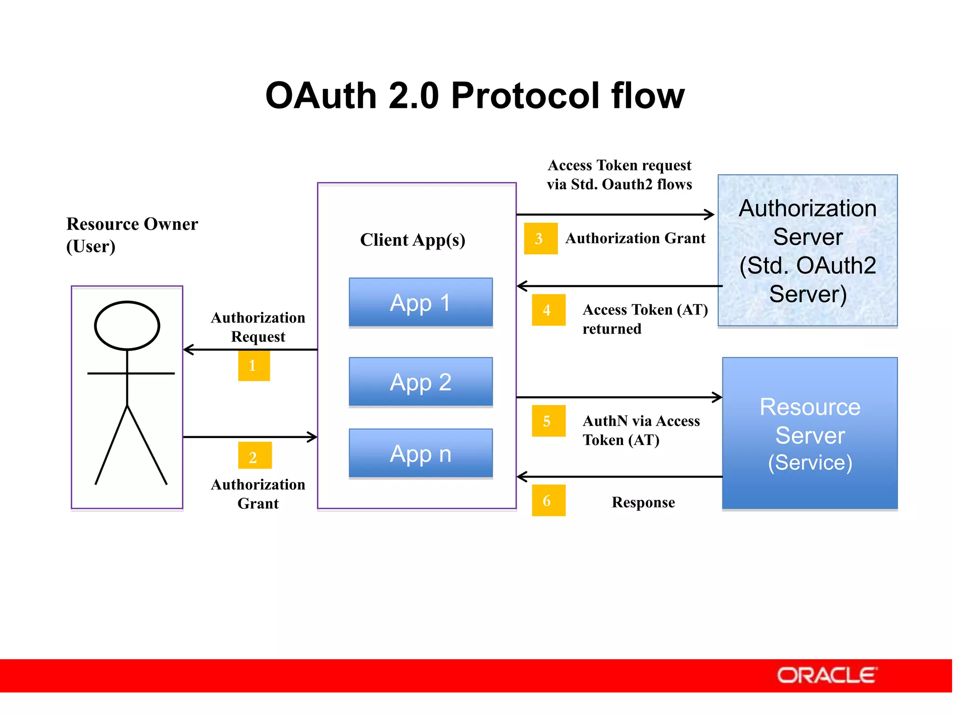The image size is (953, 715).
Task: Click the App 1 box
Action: (421, 303)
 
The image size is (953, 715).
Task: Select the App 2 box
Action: (421, 382)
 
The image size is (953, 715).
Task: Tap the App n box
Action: (421, 453)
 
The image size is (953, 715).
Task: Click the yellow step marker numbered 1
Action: (254, 366)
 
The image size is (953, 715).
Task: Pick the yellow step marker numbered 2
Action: (255, 456)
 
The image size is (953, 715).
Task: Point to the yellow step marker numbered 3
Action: (540, 238)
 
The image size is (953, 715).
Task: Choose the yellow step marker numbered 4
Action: (548, 310)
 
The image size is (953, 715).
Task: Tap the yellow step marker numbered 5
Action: (548, 421)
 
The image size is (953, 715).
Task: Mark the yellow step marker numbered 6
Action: (548, 500)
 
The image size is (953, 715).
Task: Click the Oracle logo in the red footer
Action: (827, 675)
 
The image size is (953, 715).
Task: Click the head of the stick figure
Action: (127, 325)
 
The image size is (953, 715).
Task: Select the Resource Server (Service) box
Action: (810, 433)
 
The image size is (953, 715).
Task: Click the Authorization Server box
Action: (807, 250)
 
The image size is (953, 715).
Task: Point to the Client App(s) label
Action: (413, 240)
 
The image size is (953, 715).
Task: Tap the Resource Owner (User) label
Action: (132, 235)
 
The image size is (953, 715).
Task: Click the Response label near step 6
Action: (643, 502)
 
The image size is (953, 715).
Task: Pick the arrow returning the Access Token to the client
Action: (619, 286)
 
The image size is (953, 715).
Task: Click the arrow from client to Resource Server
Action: (619, 397)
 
